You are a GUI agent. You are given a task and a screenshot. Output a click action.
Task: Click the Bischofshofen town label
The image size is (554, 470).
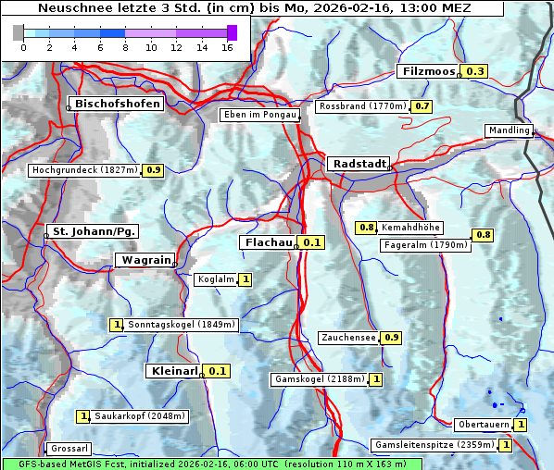tap(118, 104)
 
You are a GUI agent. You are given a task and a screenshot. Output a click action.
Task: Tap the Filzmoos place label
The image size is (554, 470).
tap(429, 71)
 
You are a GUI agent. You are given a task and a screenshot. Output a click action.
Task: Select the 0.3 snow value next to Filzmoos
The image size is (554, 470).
tap(475, 71)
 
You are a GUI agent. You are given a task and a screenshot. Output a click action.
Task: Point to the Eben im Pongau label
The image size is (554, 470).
tap(259, 115)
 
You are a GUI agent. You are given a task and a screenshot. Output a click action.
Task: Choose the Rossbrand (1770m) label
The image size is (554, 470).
tap(362, 106)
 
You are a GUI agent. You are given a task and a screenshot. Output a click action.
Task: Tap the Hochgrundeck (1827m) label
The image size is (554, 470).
tap(84, 170)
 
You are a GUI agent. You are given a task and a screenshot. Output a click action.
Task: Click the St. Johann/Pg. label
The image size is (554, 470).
tap(94, 230)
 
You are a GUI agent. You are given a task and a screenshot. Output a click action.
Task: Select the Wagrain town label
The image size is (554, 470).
tap(145, 260)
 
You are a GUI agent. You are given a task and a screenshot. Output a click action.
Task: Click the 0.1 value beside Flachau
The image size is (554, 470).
tap(312, 242)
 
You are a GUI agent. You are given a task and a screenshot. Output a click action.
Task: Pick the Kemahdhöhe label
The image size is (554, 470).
tap(411, 228)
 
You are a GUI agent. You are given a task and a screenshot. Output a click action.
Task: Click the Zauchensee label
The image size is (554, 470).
tap(348, 338)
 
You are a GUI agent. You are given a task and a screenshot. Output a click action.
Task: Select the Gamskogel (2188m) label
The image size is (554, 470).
tap(319, 379)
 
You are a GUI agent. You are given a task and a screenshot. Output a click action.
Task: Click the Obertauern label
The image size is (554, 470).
tap(482, 425)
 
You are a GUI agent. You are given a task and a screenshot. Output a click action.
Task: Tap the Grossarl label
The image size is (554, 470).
tap(69, 449)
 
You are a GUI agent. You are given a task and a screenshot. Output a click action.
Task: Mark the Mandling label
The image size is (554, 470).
tap(509, 130)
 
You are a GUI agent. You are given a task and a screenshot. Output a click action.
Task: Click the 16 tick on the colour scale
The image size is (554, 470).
tap(227, 47)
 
